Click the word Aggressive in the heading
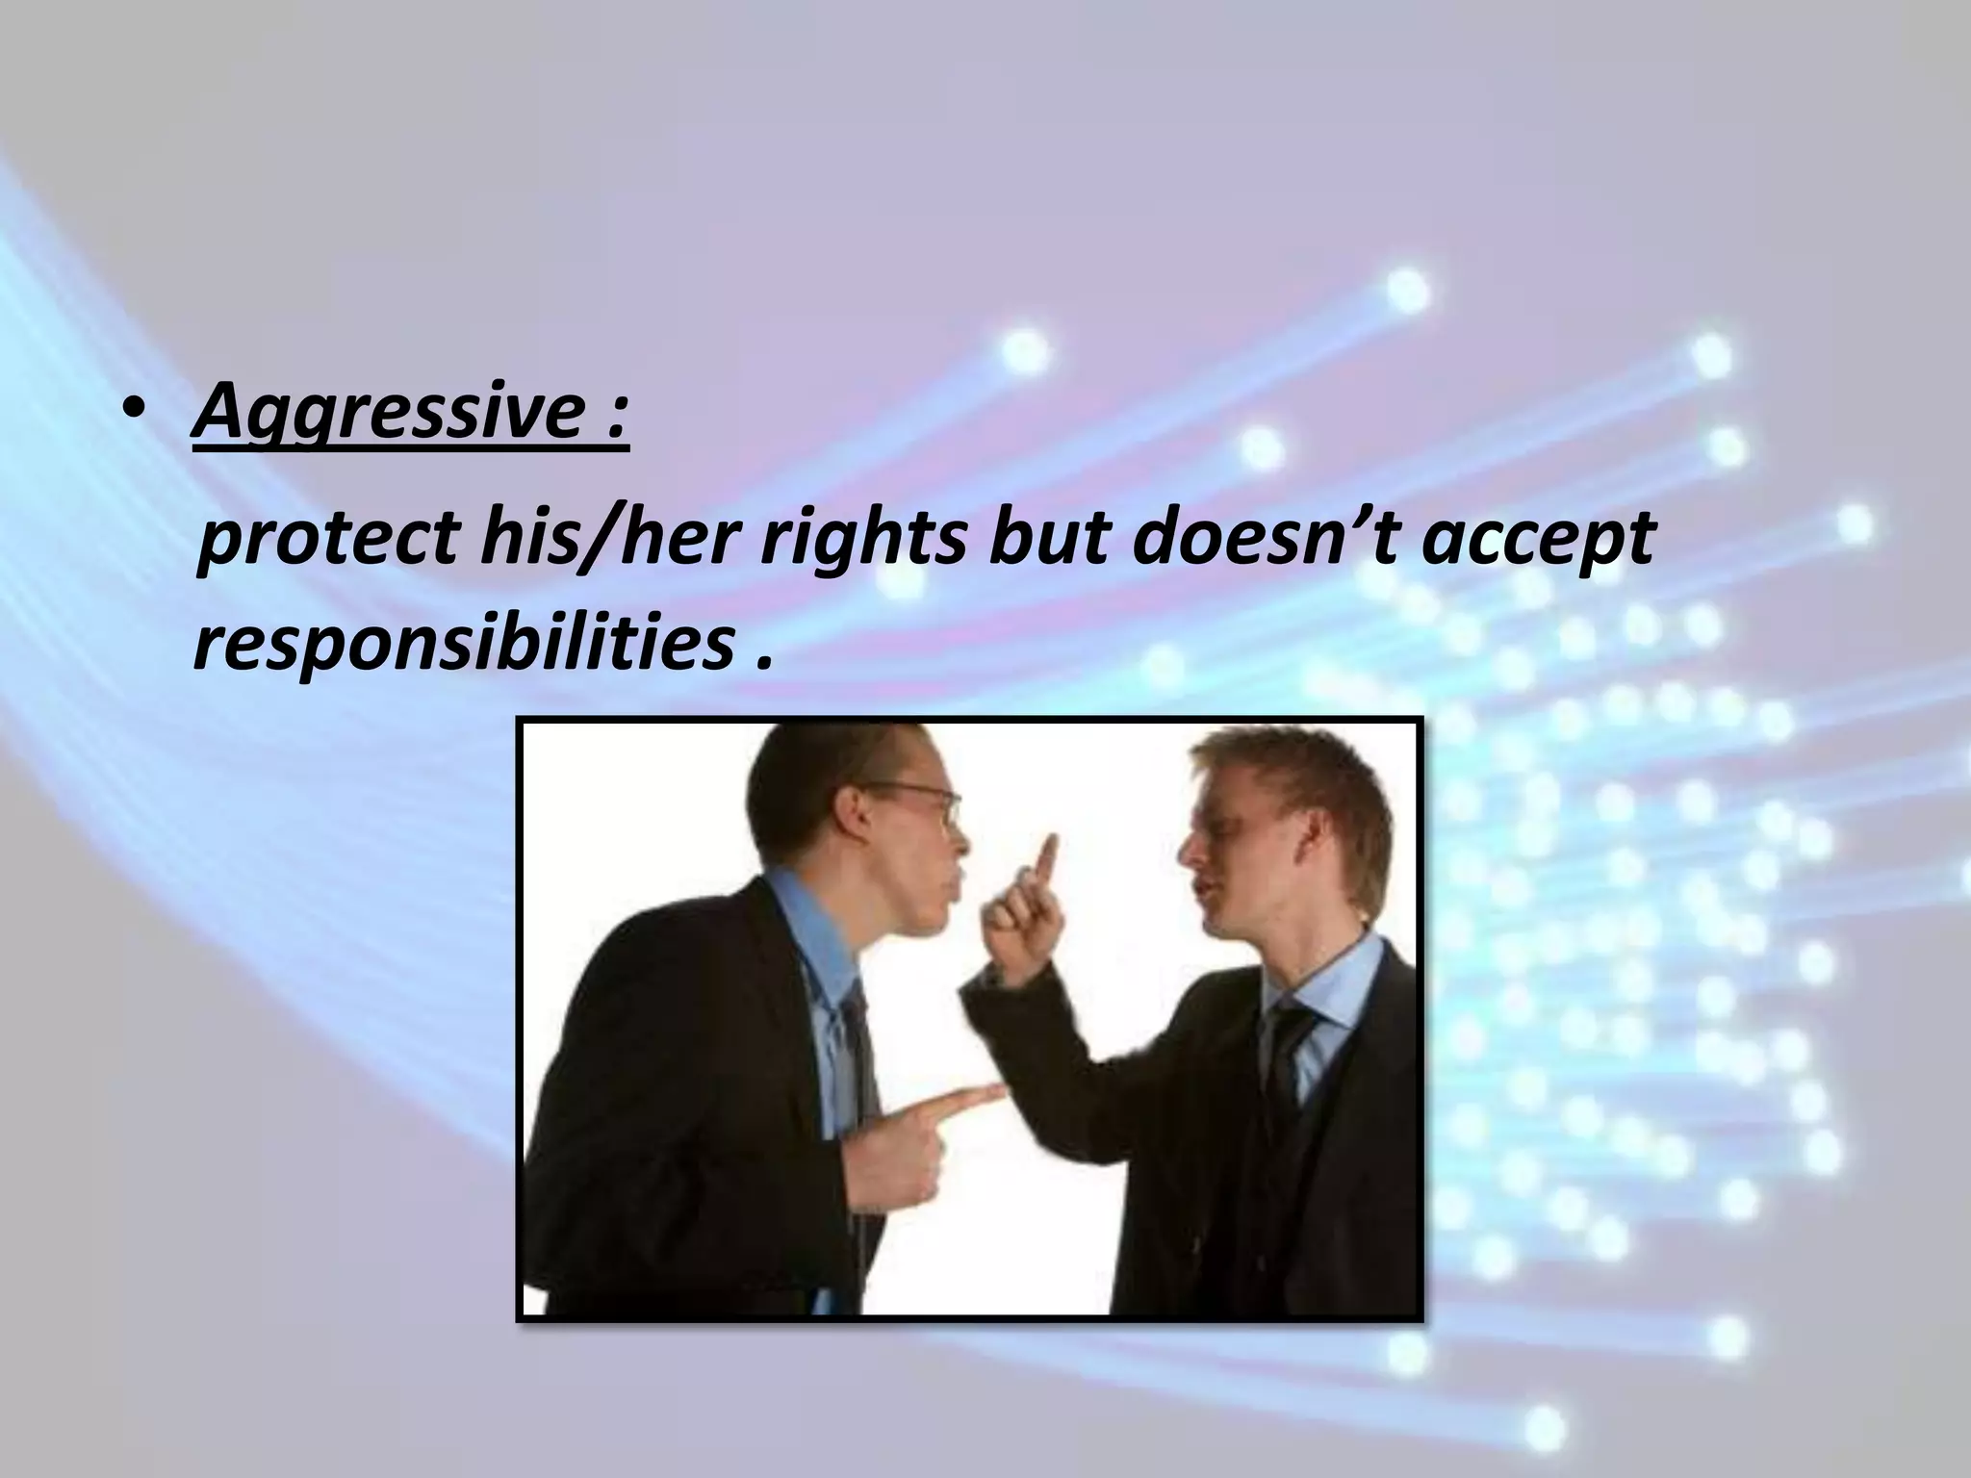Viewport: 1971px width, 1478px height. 385,414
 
